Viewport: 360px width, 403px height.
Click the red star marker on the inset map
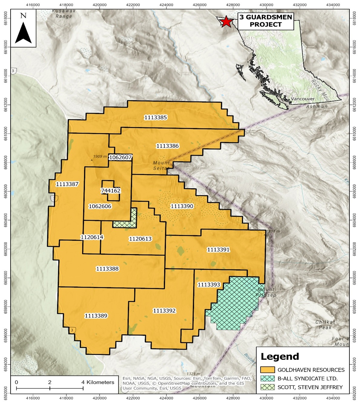point(226,21)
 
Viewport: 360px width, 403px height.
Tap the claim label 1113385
point(155,117)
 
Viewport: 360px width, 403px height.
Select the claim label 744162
point(110,190)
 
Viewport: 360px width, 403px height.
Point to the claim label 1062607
point(120,157)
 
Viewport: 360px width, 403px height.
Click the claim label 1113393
point(209,285)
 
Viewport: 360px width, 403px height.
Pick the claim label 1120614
point(92,237)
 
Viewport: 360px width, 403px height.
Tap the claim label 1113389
point(96,316)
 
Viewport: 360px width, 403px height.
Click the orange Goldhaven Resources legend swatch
point(267,370)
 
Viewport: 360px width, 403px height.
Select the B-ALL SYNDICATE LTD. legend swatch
point(267,378)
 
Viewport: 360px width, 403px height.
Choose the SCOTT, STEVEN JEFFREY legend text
point(310,387)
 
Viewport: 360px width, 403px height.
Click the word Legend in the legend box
point(280,357)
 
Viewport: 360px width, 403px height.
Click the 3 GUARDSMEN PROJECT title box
point(266,21)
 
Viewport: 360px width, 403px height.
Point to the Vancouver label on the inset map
point(303,99)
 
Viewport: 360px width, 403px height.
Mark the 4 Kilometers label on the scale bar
point(98,382)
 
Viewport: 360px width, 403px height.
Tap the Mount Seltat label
point(161,165)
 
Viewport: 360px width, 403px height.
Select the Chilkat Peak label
point(325,325)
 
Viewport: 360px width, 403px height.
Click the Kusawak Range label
point(64,14)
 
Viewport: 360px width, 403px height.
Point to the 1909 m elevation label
point(100,157)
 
